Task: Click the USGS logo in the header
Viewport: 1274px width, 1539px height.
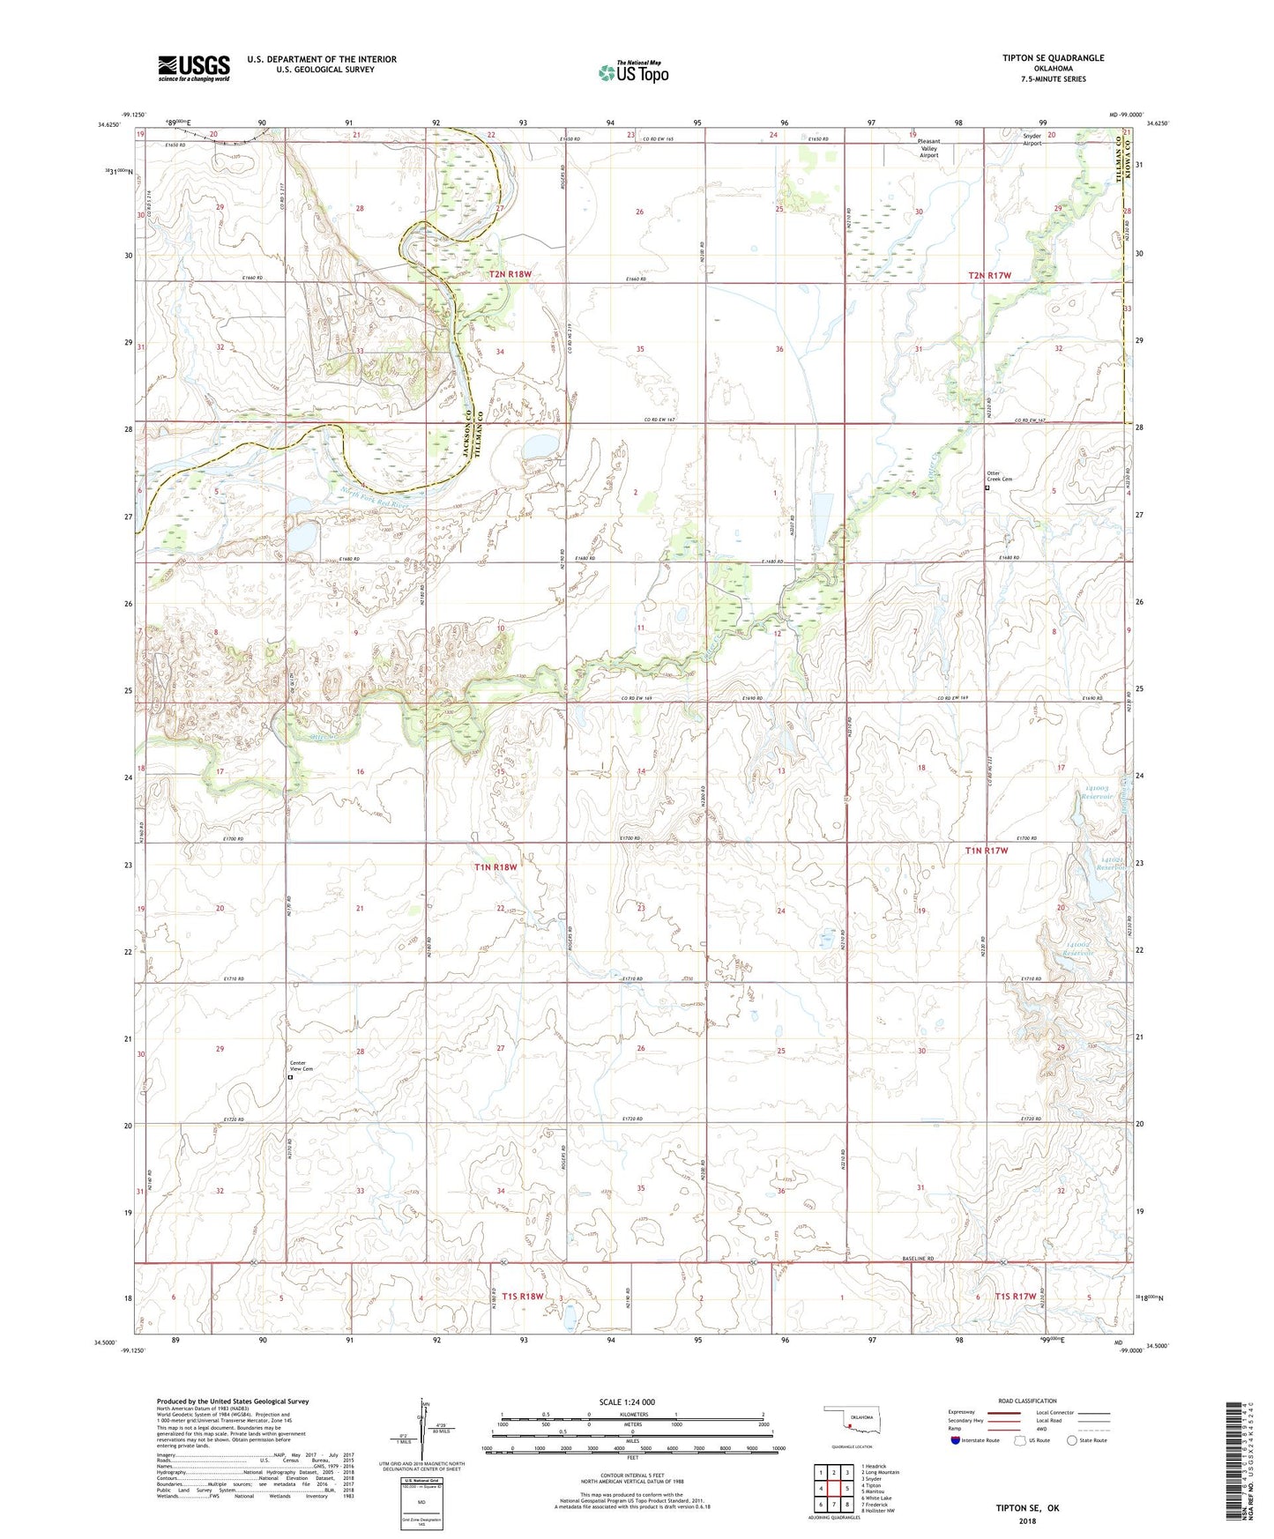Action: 194,67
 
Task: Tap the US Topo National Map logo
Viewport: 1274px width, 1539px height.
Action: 633,72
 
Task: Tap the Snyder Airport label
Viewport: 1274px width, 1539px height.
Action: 1031,139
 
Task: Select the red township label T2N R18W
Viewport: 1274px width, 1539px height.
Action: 510,274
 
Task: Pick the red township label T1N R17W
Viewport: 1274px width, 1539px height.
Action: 986,851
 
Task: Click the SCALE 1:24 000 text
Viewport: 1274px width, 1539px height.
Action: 627,1401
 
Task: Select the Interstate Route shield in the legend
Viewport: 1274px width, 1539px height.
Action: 957,1440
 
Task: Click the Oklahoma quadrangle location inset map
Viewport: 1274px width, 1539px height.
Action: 850,1426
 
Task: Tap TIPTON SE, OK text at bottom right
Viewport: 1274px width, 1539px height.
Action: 1027,1508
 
